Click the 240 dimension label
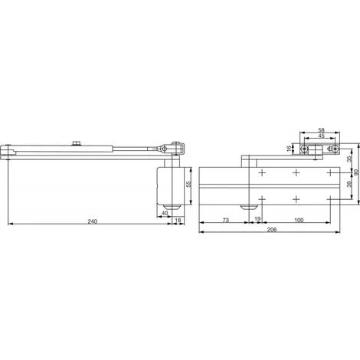pyautogui.click(x=92, y=221)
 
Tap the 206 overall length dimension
pyautogui.click(x=272, y=230)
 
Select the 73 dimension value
pyautogui.click(x=225, y=220)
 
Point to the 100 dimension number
pyautogui.click(x=299, y=220)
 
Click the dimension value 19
pyautogui.click(x=257, y=219)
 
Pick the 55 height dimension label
pyautogui.click(x=188, y=184)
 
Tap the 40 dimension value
pyautogui.click(x=165, y=213)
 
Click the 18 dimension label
pyautogui.click(x=178, y=220)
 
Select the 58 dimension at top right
pyautogui.click(x=321, y=130)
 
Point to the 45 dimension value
pyautogui.click(x=321, y=136)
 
